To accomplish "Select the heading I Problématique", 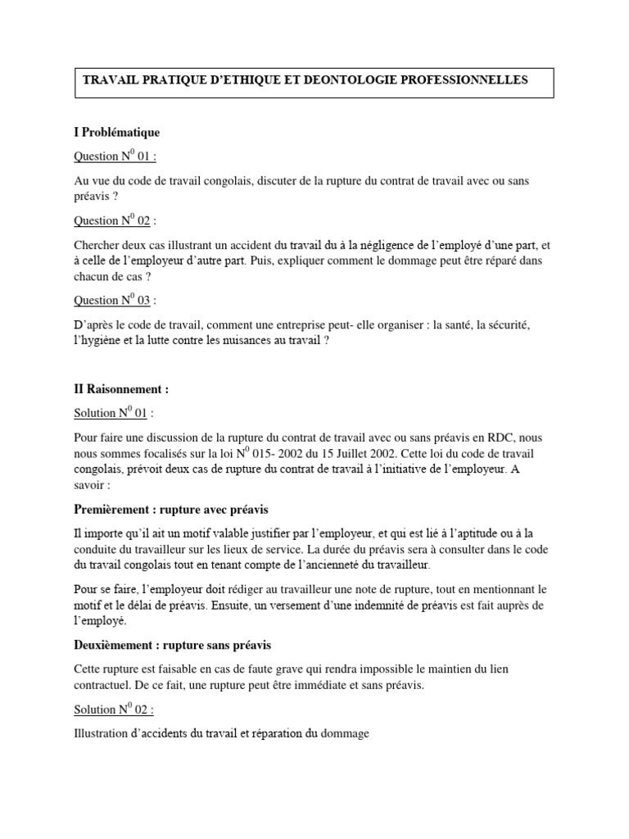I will coord(117,132).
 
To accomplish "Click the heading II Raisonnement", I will coord(121,389).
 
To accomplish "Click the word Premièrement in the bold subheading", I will coord(111,510).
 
